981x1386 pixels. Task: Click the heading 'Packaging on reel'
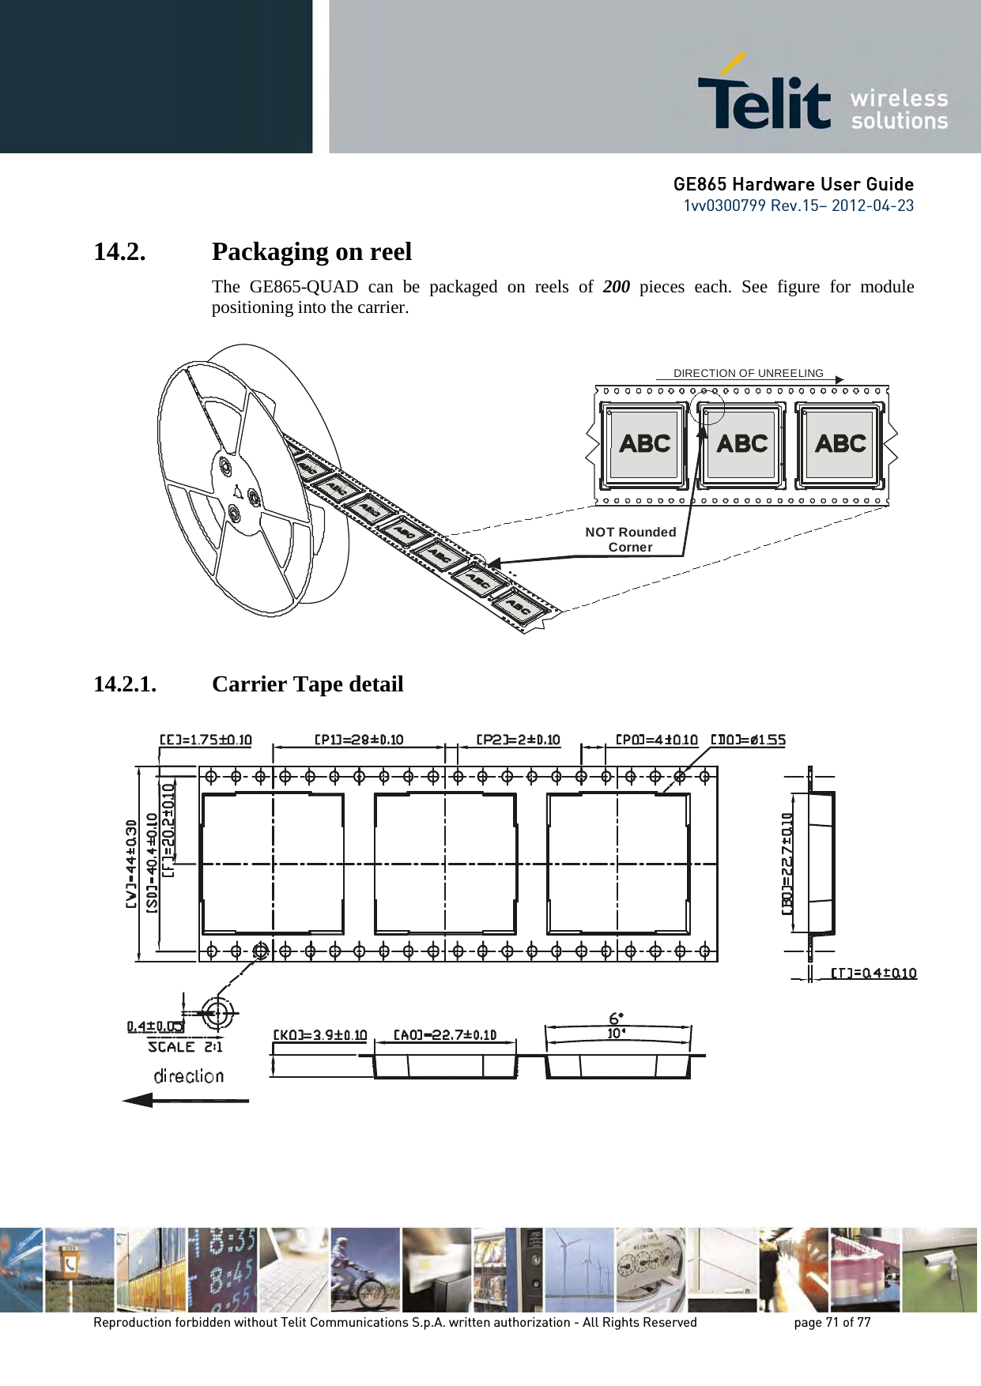311,251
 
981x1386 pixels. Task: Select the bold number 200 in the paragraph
616,286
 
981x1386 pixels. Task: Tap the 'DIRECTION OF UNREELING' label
748,373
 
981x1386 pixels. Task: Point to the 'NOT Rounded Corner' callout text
630,539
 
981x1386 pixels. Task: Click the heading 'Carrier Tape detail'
308,684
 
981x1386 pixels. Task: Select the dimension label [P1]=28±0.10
359,740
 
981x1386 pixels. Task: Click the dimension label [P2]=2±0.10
518,740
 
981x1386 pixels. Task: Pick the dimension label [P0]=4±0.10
656,740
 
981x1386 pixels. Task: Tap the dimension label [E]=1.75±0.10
206,740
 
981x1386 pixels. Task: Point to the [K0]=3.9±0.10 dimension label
320,1034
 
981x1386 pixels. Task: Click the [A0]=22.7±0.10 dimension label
445,1034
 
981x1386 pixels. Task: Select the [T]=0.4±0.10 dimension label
873,973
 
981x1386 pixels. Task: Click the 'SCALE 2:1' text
185,1046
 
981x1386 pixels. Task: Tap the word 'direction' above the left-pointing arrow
188,1075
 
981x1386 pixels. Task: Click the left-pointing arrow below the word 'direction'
185,1099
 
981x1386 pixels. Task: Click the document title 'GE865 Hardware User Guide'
793,185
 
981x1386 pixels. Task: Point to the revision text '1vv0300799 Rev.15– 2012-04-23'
798,205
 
